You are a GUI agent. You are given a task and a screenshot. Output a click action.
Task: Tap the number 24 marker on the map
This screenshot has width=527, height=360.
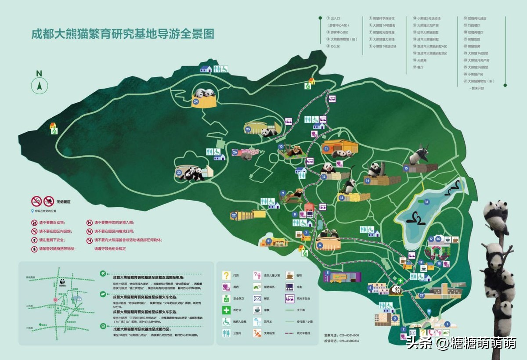click(196, 101)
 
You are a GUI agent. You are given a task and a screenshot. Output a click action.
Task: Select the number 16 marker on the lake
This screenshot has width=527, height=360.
click(426, 202)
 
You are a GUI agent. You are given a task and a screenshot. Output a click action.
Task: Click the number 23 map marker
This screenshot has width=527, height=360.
click(179, 173)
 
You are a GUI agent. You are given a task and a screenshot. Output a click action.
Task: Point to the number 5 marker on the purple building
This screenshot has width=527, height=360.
click(326, 273)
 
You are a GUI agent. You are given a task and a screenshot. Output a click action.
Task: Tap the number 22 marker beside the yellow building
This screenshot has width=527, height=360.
click(234, 215)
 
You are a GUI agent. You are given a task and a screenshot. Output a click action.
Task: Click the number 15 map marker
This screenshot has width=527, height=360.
click(406, 168)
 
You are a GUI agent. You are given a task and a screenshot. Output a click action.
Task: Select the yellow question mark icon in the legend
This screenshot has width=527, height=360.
click(226, 276)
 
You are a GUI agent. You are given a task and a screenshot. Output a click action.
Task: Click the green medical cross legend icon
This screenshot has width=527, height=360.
click(226, 310)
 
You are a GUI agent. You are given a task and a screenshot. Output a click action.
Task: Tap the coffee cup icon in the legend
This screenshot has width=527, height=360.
click(290, 276)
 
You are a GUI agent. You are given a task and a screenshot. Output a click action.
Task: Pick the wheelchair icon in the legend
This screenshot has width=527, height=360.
click(226, 322)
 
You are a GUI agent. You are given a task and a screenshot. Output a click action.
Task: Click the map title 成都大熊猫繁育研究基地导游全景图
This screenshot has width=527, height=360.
click(123, 34)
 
